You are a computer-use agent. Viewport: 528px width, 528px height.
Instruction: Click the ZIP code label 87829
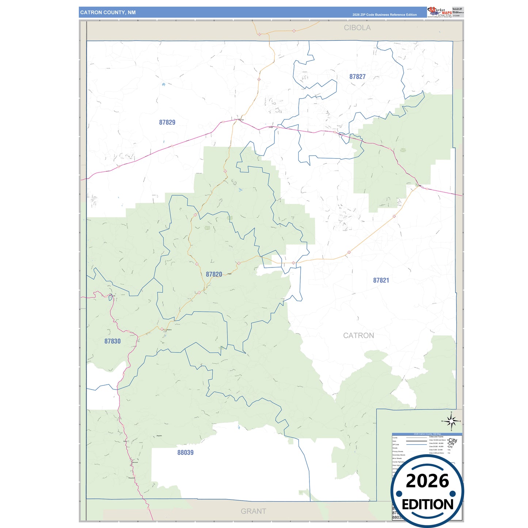click(x=167, y=122)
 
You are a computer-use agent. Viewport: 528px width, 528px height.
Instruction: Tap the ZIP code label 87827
click(x=357, y=77)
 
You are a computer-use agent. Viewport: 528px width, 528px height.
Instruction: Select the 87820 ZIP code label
click(x=214, y=274)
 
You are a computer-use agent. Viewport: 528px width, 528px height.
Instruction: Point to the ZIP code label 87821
click(x=381, y=280)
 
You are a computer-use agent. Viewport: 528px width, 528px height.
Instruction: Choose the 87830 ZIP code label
click(x=112, y=341)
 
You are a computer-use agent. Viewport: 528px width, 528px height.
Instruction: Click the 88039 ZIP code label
click(x=185, y=453)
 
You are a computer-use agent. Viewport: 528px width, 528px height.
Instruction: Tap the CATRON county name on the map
click(x=358, y=335)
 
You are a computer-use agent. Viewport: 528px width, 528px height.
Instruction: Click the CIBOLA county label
click(x=357, y=28)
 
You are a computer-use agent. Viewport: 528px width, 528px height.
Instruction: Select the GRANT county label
click(x=253, y=511)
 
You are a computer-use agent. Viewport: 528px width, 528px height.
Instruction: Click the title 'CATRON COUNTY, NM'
click(x=108, y=12)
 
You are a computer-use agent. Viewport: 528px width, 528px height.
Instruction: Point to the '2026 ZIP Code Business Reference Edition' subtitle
click(x=384, y=15)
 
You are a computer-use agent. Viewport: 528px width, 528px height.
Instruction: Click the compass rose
click(x=452, y=421)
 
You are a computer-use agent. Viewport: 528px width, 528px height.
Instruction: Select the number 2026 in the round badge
click(x=427, y=481)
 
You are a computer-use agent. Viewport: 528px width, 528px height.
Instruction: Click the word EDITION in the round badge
click(x=427, y=505)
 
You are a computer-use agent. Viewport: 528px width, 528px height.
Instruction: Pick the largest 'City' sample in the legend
click(x=453, y=440)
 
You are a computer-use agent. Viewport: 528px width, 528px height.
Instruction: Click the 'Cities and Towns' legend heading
click(x=436, y=437)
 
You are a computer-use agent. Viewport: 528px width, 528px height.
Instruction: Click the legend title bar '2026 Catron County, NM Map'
click(x=427, y=434)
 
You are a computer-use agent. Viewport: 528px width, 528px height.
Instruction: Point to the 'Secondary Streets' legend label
click(x=399, y=455)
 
